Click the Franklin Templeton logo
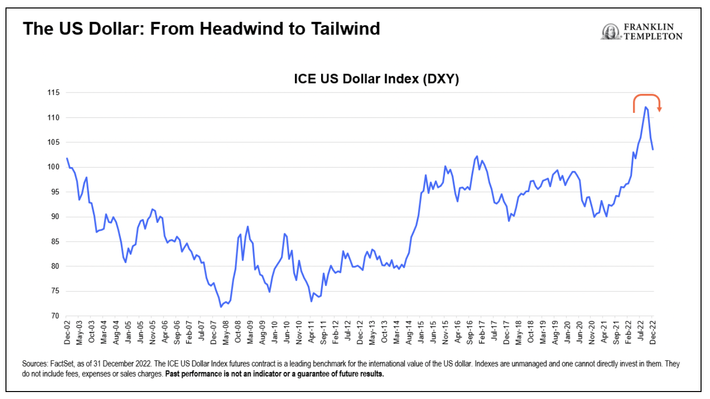642,32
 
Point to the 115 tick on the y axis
52,93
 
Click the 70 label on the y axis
54,316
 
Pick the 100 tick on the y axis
52,167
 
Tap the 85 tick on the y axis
54,241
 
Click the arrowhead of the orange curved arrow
659,109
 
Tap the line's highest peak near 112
645,107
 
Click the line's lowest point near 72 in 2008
221,306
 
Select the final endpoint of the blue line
652,149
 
